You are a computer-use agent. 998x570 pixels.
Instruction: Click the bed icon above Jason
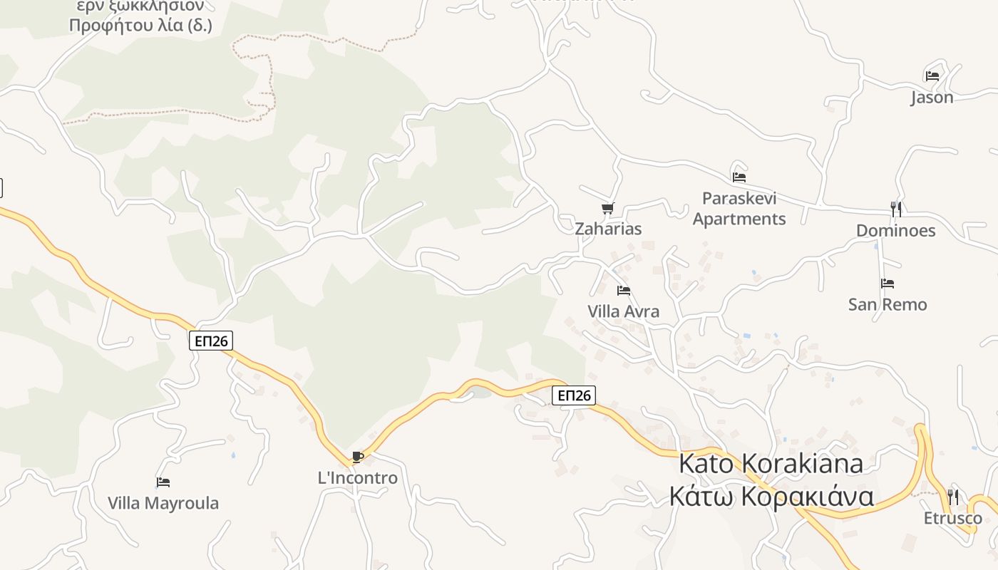tap(932, 76)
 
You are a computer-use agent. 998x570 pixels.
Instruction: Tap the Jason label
tap(932, 98)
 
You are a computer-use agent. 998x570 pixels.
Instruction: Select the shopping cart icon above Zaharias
tap(607, 208)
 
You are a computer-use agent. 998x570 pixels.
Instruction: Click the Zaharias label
tap(608, 229)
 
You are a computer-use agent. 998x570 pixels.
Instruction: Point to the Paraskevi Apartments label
tap(739, 209)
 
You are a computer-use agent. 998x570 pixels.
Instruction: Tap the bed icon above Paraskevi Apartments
tap(739, 177)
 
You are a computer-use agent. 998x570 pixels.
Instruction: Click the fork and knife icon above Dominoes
tap(896, 209)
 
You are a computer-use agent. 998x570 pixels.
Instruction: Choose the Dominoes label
tap(895, 231)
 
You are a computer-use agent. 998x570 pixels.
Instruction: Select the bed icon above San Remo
tap(888, 284)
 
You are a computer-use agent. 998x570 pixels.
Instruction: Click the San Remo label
tap(888, 305)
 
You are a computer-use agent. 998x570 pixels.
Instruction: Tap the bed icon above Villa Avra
tap(624, 291)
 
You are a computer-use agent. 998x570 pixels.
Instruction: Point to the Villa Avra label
tap(623, 311)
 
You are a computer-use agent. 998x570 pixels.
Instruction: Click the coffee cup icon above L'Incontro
tap(358, 457)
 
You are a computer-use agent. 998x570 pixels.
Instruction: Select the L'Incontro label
tap(357, 478)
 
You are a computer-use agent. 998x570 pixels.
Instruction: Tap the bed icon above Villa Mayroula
tap(163, 482)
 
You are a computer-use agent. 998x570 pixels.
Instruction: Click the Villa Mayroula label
tap(163, 503)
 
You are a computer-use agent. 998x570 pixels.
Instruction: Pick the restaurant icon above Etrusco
tap(953, 497)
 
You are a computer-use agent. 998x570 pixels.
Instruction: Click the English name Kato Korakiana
tap(771, 463)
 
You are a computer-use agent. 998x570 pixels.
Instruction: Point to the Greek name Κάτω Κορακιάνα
tap(771, 496)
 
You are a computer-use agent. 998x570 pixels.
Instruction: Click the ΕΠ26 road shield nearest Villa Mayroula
tap(212, 341)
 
